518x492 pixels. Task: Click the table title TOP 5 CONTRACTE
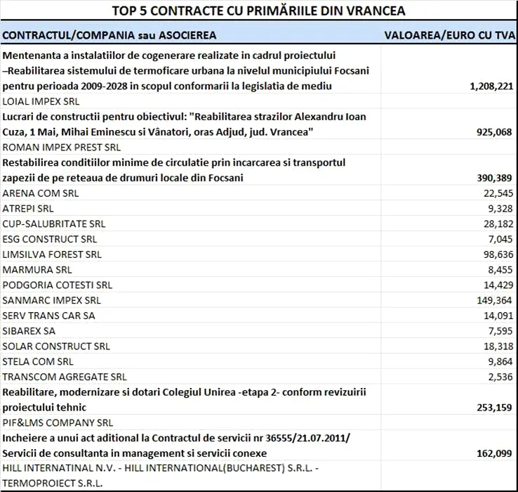pos(258,11)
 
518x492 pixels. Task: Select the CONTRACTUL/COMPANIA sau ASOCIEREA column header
pos(109,35)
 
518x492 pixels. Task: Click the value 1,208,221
pos(491,86)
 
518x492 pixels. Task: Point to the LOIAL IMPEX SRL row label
pos(41,101)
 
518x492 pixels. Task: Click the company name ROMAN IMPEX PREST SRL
pos(62,148)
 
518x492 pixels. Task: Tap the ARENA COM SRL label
pos(41,193)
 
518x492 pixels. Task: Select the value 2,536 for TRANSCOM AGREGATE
pos(500,377)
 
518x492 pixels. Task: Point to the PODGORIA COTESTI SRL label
pos(58,285)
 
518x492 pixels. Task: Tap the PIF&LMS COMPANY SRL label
pos(58,422)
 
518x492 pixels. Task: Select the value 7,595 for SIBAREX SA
pos(500,331)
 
